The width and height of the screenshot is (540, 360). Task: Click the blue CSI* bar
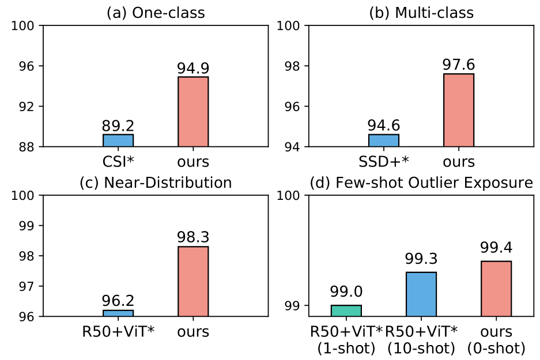(x=118, y=141)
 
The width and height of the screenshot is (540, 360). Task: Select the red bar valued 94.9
(x=193, y=112)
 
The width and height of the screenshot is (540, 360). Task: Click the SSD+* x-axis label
(x=384, y=160)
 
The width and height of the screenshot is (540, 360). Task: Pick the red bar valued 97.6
(x=459, y=110)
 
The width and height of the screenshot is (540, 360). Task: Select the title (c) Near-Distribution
(x=156, y=183)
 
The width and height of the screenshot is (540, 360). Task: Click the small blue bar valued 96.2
(x=118, y=313)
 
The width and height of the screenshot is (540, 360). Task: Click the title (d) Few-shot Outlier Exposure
(x=421, y=183)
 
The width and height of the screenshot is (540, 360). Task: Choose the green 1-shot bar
(x=346, y=310)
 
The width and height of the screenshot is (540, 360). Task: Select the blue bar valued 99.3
(x=421, y=294)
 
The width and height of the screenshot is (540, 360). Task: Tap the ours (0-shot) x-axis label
(x=496, y=339)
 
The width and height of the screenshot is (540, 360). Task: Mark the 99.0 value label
(x=346, y=292)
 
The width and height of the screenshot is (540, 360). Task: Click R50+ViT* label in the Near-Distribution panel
(x=118, y=332)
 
